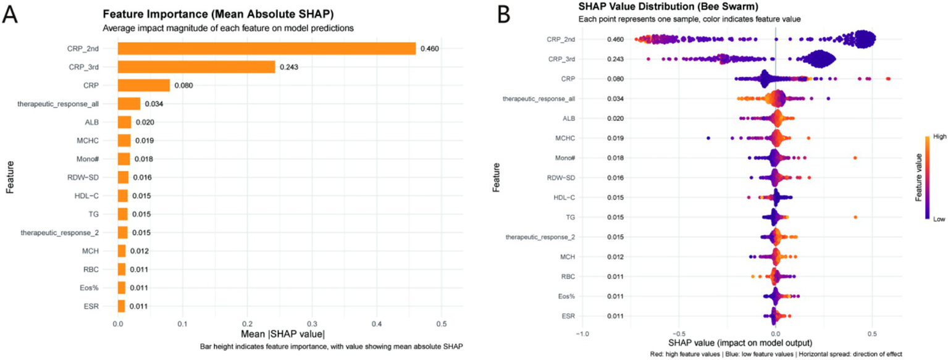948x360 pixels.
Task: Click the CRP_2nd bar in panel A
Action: click(x=266, y=48)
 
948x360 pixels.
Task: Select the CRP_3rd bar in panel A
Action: click(x=196, y=67)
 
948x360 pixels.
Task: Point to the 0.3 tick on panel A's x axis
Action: click(x=312, y=323)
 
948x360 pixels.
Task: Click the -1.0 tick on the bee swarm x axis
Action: click(x=582, y=333)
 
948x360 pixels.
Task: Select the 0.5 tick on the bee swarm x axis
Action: click(x=872, y=333)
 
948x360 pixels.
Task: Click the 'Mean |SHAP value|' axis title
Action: click(x=279, y=335)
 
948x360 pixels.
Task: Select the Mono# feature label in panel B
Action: click(x=563, y=158)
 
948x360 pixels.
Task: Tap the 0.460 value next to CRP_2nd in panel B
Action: click(x=615, y=40)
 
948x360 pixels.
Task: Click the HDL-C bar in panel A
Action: click(x=122, y=196)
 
